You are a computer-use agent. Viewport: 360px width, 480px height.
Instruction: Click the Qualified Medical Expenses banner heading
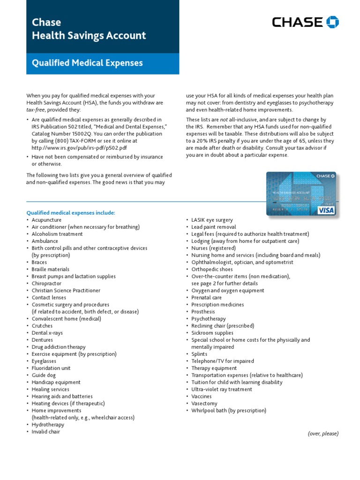pyautogui.click(x=87, y=63)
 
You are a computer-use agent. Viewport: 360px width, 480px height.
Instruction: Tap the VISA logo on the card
pyautogui.click(x=326, y=210)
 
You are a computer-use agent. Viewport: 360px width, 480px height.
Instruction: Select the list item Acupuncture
pyautogui.click(x=46, y=220)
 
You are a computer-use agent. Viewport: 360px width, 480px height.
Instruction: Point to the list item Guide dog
pyautogui.click(x=43, y=375)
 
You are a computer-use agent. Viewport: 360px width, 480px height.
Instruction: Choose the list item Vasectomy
pyautogui.click(x=204, y=403)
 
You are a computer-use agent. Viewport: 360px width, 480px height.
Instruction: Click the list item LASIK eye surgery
pyautogui.click(x=212, y=220)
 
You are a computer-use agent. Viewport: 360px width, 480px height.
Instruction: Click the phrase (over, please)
pyautogui.click(x=323, y=434)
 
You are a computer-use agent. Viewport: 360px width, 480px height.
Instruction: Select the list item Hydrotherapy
pyautogui.click(x=48, y=425)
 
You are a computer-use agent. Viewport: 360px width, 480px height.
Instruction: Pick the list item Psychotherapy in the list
pyautogui.click(x=209, y=319)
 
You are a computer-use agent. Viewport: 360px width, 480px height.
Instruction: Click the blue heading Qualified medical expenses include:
pyautogui.click(x=70, y=213)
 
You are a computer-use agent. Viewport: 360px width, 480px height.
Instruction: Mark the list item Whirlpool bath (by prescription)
pyautogui.click(x=229, y=411)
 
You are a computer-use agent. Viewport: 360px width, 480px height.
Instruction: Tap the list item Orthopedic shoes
pyautogui.click(x=211, y=269)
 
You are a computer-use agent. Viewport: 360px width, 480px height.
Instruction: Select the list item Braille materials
pyautogui.click(x=51, y=269)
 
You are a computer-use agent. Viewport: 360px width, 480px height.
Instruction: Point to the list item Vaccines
pyautogui.click(x=202, y=396)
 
